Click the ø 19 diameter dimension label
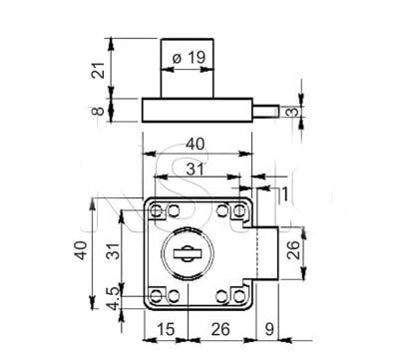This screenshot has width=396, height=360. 190,58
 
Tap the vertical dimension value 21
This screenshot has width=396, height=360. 98,70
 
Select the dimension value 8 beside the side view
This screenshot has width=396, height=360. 98,111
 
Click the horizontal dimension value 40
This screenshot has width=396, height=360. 196,145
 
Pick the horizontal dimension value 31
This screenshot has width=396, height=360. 195,170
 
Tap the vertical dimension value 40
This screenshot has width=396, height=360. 81,250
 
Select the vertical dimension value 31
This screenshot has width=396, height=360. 113,251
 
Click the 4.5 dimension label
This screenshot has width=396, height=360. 114,298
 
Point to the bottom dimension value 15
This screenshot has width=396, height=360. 166,329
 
